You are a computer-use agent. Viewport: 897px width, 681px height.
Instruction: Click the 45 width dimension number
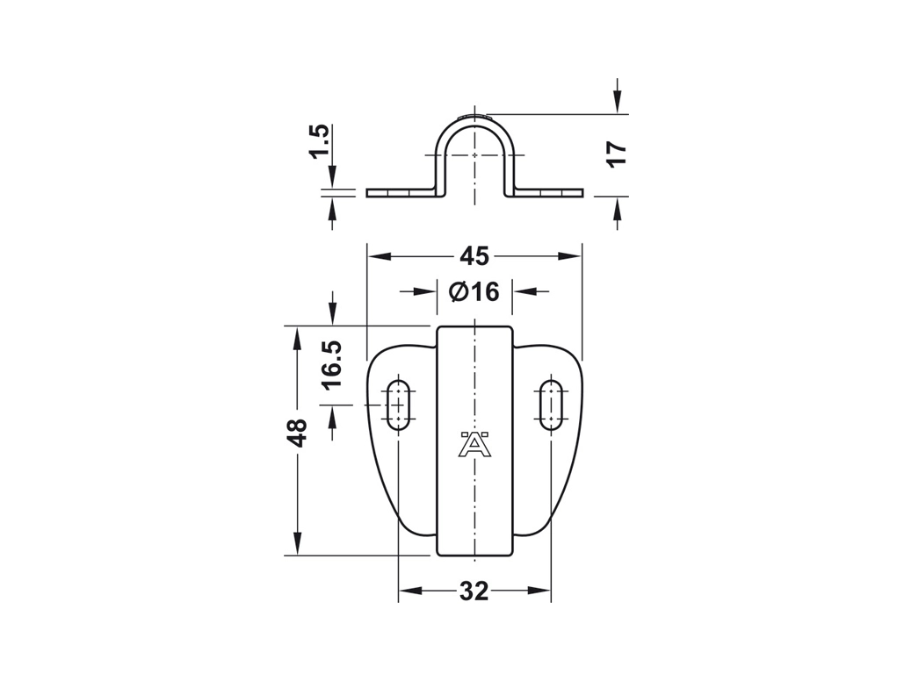pos(474,256)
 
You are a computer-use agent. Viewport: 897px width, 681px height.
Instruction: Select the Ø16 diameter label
pos(474,291)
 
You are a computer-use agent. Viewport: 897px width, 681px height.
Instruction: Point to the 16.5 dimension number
pos(331,364)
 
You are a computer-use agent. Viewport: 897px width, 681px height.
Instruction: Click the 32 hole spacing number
pos(474,591)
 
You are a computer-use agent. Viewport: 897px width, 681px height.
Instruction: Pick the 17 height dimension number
pos(618,154)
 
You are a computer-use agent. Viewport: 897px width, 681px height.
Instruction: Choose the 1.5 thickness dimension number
pos(319,140)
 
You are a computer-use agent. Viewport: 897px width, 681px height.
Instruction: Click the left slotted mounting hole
pos(398,405)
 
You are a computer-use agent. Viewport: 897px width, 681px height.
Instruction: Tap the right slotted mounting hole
pos(550,405)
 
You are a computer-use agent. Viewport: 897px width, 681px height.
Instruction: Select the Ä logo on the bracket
pos(474,443)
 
